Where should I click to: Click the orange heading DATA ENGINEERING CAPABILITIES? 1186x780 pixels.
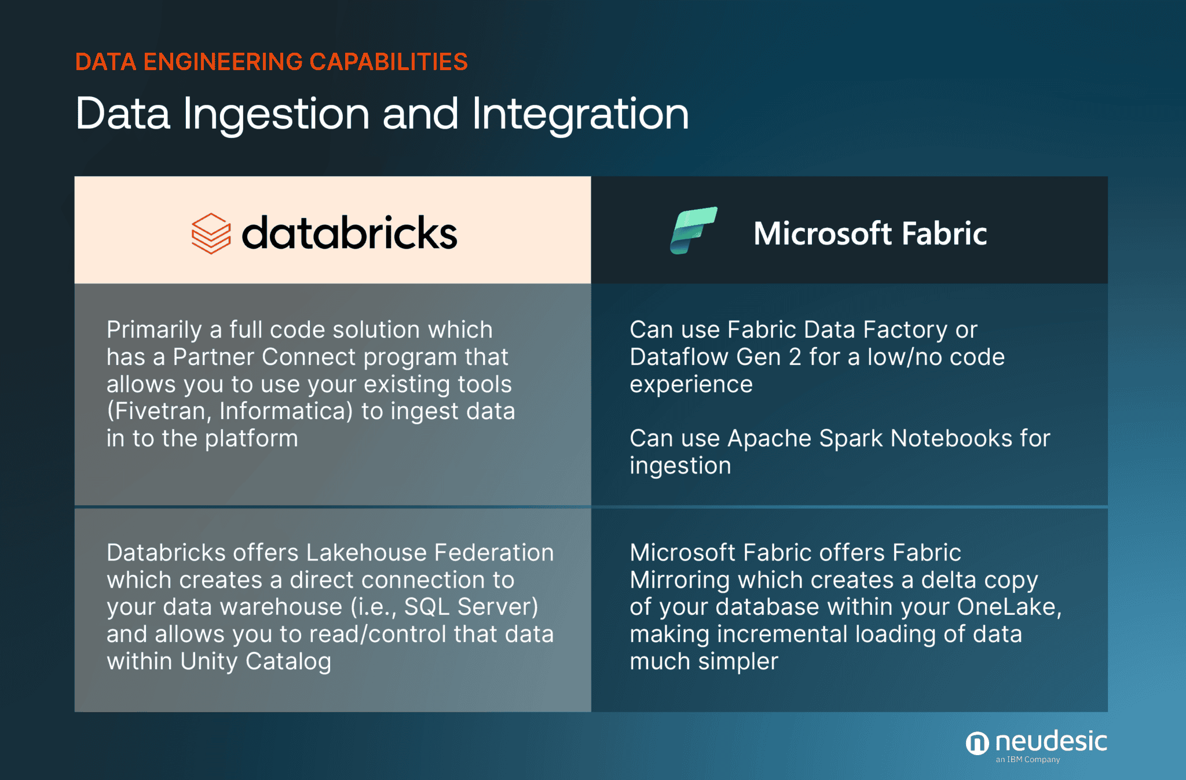[x=271, y=62]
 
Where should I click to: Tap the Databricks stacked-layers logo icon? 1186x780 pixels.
[x=211, y=233]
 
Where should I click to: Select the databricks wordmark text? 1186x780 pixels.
[x=349, y=233]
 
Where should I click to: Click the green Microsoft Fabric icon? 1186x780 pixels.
[x=693, y=230]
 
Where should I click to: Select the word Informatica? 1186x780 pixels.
[x=286, y=411]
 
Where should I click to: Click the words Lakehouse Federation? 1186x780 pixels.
[x=430, y=553]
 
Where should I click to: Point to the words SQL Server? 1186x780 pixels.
[x=471, y=607]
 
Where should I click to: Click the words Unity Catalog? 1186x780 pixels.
[x=255, y=661]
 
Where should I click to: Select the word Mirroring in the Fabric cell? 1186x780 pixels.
[x=679, y=580]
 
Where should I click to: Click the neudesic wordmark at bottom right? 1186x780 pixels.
[x=1050, y=741]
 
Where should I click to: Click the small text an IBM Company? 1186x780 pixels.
[x=1028, y=760]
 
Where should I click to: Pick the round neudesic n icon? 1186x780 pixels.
[x=977, y=743]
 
